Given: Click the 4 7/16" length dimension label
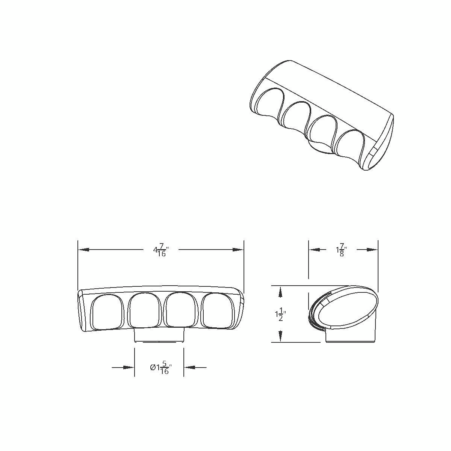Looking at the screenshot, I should (x=161, y=250).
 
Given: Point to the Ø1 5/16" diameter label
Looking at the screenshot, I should (x=160, y=368).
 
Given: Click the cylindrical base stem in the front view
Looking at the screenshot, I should (x=159, y=335).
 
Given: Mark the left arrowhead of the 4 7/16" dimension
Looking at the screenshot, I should (x=83, y=250).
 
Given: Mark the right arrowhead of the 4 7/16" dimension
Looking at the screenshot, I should (x=239, y=250).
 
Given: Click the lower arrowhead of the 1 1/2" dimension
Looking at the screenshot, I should (x=280, y=337).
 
